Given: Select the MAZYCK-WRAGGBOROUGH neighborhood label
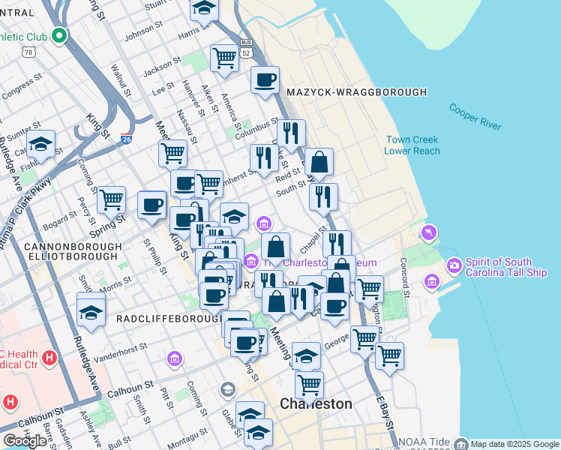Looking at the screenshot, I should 356,92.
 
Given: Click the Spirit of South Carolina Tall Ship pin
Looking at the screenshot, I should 454,265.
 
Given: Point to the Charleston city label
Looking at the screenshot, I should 316,403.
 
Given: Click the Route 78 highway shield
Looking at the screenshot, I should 28,52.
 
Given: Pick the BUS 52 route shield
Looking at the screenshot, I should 246,48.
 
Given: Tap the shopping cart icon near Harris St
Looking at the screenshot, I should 223,58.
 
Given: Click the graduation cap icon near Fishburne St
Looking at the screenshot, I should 41,143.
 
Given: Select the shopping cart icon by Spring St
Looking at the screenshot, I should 111,199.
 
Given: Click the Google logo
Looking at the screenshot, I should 25,441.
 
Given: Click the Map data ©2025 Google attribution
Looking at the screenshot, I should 514,444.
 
